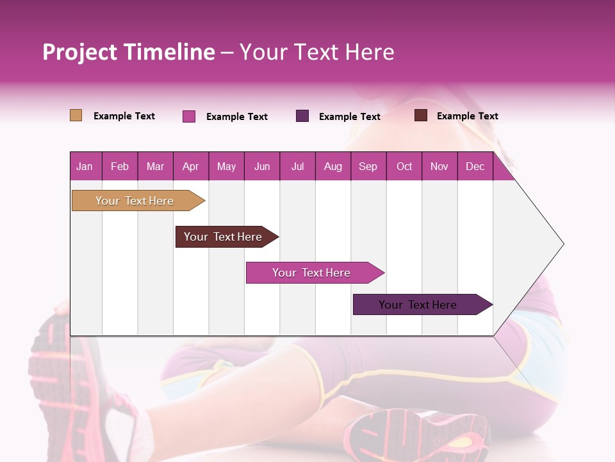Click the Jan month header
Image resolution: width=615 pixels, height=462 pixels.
(85, 166)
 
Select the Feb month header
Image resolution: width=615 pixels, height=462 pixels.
(120, 166)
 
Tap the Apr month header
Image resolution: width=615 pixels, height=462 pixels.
(190, 166)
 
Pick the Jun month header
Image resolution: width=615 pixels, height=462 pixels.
(262, 166)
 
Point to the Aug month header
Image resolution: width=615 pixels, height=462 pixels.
(332, 166)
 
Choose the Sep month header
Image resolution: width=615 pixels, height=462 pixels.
(368, 166)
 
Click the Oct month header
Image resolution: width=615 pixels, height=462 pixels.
(404, 166)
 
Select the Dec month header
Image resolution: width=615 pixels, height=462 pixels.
(475, 166)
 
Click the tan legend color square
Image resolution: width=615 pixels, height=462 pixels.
(76, 116)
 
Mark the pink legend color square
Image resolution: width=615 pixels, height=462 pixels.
(189, 116)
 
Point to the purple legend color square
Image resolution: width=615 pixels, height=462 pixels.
(302, 116)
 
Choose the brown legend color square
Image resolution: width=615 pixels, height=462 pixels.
(421, 116)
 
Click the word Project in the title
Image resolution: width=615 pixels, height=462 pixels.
(80, 52)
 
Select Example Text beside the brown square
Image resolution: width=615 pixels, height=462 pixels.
(467, 116)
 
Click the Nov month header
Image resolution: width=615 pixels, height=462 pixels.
(439, 166)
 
